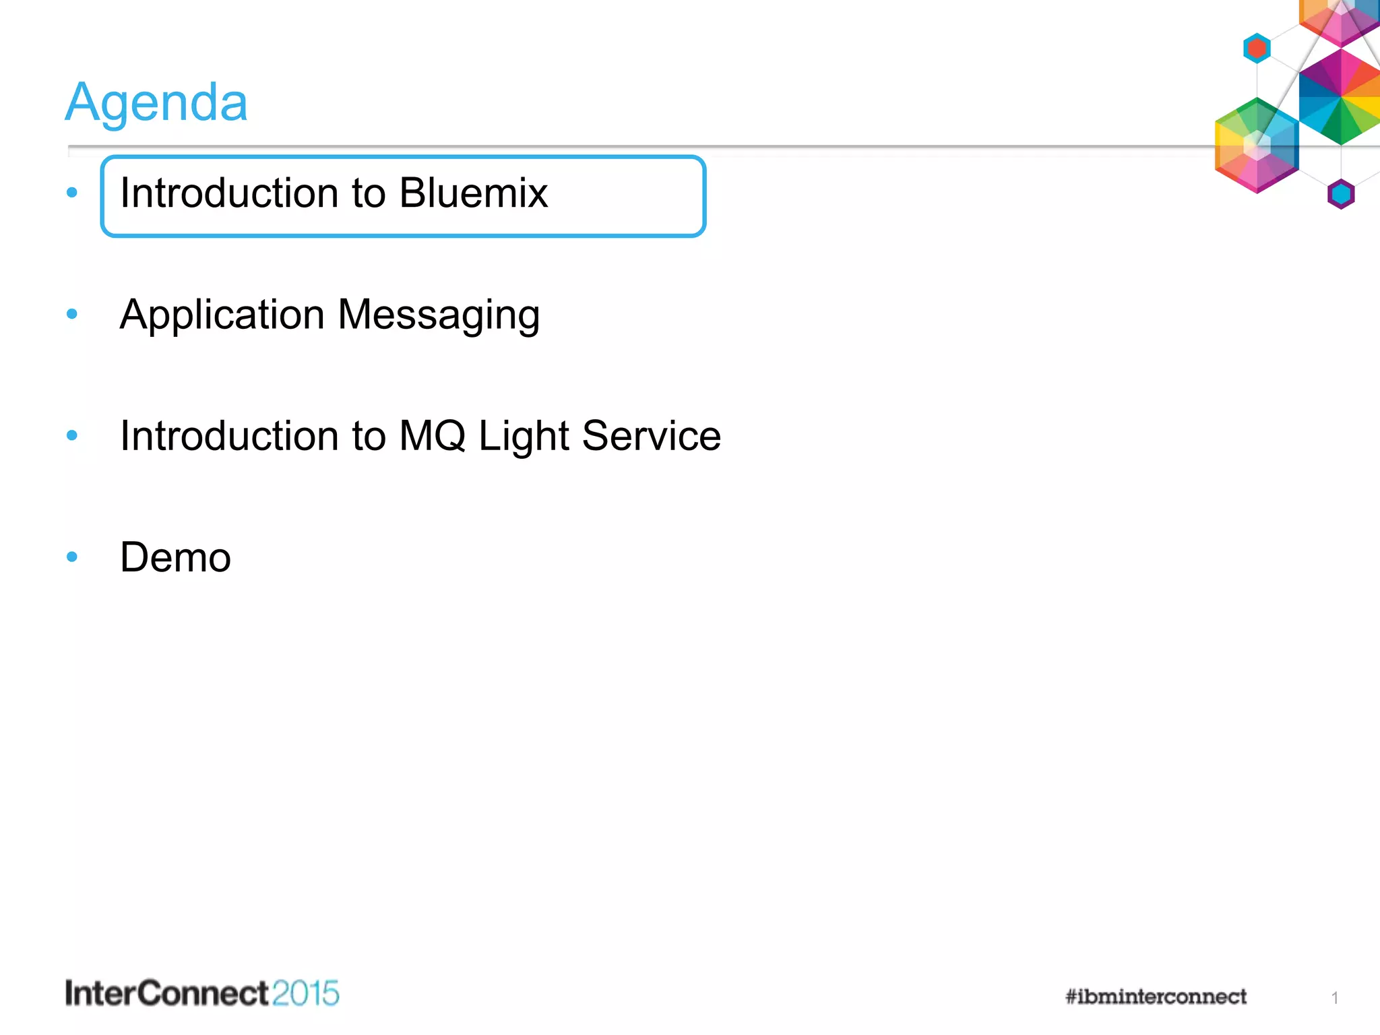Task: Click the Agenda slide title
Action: (156, 102)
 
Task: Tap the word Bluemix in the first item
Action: (473, 193)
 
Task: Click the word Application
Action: (222, 315)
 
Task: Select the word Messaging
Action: (439, 315)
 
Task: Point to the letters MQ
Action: (432, 436)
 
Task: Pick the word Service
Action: (651, 436)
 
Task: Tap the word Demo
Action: (175, 557)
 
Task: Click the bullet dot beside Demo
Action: (72, 557)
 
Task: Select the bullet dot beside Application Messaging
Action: (72, 313)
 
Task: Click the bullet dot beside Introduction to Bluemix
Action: (72, 193)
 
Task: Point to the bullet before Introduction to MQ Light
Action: (72, 435)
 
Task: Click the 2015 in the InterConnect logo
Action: (306, 994)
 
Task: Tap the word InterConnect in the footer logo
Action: (166, 994)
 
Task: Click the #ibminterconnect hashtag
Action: (1156, 997)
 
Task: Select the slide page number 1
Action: (1335, 998)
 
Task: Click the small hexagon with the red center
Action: (1257, 49)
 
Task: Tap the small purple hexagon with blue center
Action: (1341, 194)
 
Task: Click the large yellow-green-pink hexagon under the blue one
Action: (1256, 146)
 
